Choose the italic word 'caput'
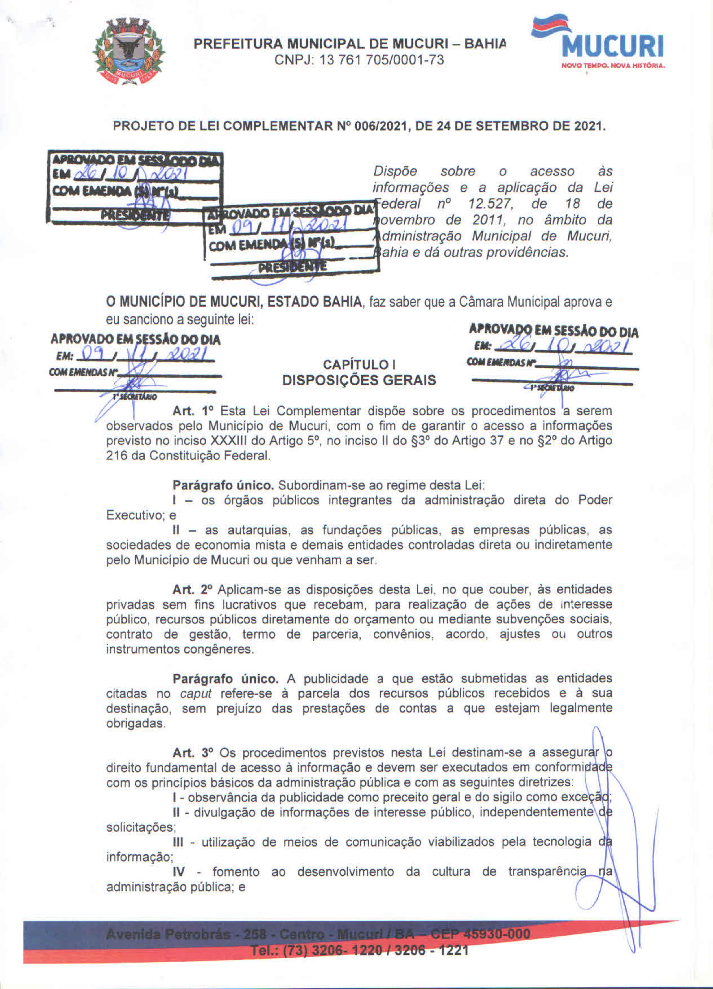coord(196,693)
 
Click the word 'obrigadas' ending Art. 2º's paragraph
coord(135,723)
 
